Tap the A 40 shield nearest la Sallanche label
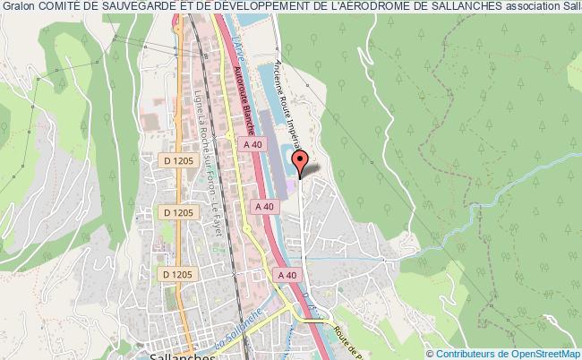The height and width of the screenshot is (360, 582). pos(287,274)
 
